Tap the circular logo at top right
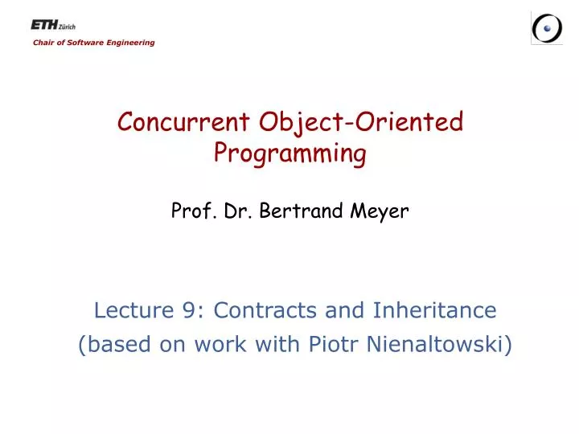coord(547,28)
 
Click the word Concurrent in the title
coord(184,122)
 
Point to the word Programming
coord(289,153)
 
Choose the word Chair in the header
coord(43,43)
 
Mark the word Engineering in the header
coord(131,43)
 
